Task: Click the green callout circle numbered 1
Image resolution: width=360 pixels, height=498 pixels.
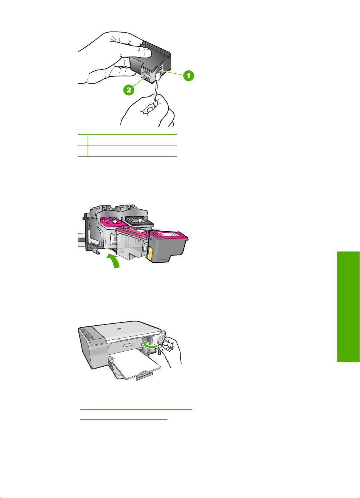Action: (x=189, y=76)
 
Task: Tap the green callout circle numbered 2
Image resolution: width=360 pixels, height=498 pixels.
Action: (x=129, y=90)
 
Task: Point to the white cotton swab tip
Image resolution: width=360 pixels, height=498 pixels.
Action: (x=159, y=77)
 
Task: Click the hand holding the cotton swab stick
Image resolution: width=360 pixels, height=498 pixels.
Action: (x=148, y=111)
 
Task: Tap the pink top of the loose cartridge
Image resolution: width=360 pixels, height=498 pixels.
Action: (x=168, y=235)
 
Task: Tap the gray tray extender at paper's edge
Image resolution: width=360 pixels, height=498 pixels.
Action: (x=144, y=376)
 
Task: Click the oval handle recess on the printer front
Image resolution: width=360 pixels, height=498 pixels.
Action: (x=127, y=346)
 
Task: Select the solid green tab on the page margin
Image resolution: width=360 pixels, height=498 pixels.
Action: (x=348, y=307)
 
